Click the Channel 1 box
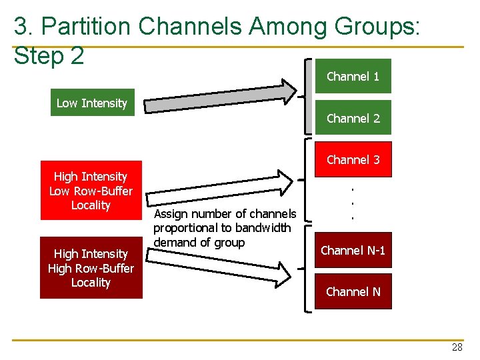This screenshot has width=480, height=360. [353, 76]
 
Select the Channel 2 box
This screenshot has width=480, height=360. [353, 118]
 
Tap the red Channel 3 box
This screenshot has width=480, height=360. [353, 159]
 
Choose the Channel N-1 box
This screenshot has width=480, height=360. [353, 251]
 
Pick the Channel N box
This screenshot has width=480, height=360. [353, 291]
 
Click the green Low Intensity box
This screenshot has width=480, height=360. [92, 103]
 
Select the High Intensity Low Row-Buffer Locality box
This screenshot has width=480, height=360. [91, 191]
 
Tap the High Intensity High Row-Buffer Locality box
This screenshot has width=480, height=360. [91, 268]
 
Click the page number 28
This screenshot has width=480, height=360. [457, 347]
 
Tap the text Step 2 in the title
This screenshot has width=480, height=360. [49, 56]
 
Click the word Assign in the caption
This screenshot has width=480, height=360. [171, 214]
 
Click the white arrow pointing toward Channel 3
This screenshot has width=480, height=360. [220, 186]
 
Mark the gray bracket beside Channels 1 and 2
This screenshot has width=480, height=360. [308, 97]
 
